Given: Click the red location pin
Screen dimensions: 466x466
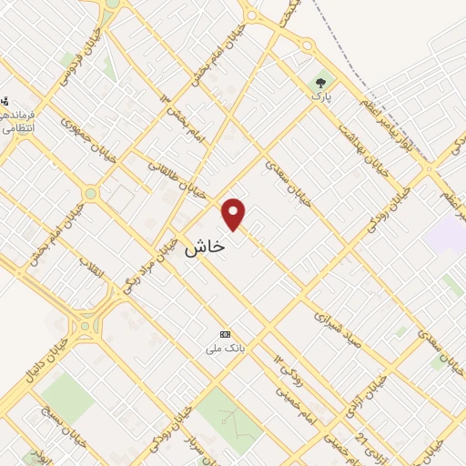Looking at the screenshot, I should click(235, 213).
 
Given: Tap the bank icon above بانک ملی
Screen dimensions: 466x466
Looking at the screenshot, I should click(225, 335).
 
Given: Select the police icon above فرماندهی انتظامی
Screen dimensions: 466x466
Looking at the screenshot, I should click(5, 101).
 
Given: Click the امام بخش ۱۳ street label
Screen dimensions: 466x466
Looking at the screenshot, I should click(179, 112).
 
